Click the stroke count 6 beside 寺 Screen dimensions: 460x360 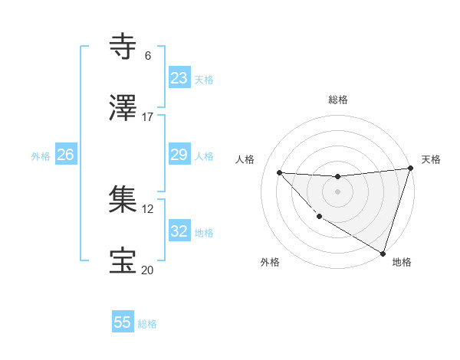tap(147, 56)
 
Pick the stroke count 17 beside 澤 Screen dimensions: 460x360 tap(147, 117)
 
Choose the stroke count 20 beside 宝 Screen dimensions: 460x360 tap(147, 270)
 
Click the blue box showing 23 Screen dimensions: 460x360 tap(179, 78)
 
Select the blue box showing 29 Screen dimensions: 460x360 tap(179, 155)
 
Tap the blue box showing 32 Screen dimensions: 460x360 tap(179, 231)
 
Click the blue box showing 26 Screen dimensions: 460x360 tap(65, 155)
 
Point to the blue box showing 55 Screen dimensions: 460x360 tap(123, 322)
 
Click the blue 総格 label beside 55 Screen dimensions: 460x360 tap(147, 324)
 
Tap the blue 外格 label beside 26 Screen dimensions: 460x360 tap(41, 156)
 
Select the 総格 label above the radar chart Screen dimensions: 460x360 tap(338, 100)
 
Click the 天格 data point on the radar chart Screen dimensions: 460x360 tap(410, 169)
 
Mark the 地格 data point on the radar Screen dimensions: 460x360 tap(383, 254)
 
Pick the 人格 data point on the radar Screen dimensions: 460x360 tap(279, 172)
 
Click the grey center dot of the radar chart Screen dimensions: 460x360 tap(337, 191)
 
